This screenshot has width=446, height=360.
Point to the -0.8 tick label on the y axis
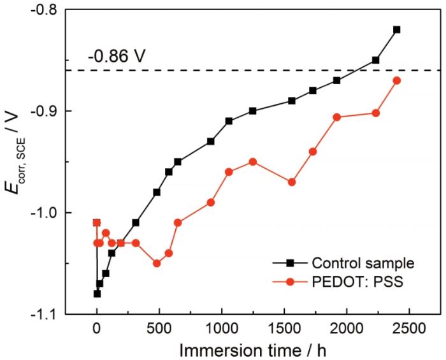coord(56,10)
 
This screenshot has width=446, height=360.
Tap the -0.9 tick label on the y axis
coord(56,112)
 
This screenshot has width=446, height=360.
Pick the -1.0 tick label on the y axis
coord(56,213)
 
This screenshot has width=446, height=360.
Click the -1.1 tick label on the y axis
coord(56,314)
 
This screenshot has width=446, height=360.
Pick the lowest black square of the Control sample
coord(97,294)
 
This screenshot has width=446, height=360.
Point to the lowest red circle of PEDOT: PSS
coord(157,263)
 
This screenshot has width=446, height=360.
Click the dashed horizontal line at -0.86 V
coord(255,70)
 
